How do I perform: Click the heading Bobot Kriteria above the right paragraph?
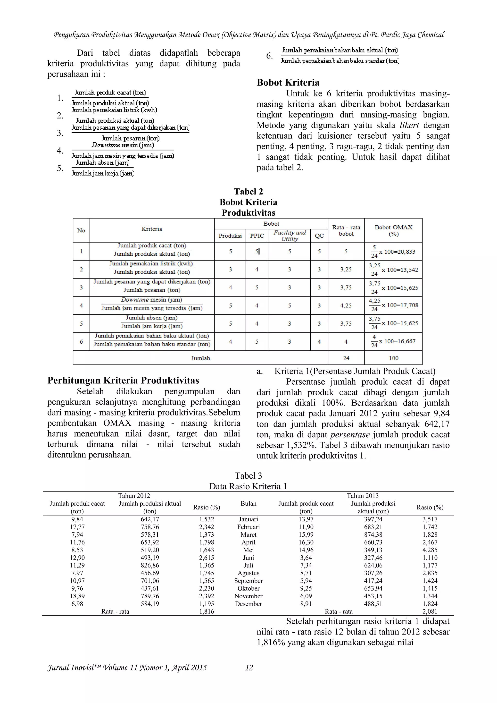(x=288, y=82)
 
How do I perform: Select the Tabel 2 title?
(x=248, y=192)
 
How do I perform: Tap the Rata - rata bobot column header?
(x=346, y=230)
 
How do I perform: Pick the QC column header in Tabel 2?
(x=319, y=236)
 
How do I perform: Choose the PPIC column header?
(x=257, y=236)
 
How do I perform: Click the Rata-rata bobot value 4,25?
(x=346, y=305)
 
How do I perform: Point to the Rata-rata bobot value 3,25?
(x=346, y=270)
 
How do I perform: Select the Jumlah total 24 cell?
(x=346, y=358)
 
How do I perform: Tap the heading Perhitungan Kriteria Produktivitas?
(x=123, y=381)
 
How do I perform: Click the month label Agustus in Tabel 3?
(x=248, y=573)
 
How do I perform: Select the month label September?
(x=248, y=581)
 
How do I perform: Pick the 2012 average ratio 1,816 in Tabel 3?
(x=207, y=611)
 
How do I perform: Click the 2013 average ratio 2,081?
(x=430, y=611)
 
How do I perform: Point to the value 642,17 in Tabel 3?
(x=150, y=519)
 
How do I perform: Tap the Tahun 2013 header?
(x=363, y=496)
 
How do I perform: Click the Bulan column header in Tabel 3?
(x=248, y=504)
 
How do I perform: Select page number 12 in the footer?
(x=249, y=668)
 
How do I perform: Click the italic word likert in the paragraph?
(x=409, y=125)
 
